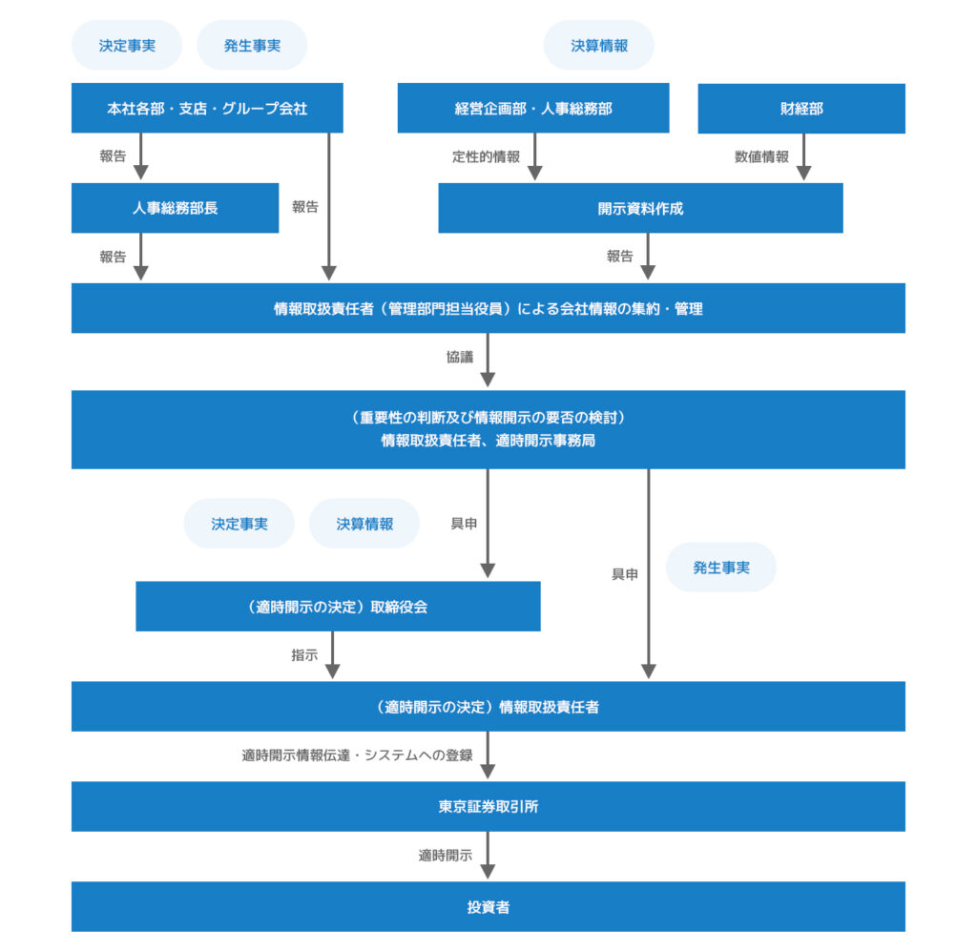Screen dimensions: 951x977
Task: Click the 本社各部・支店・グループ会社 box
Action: (207, 109)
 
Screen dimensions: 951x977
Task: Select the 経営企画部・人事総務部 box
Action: (533, 109)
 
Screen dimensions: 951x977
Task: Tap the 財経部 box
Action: (801, 109)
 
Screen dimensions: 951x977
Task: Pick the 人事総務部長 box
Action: (175, 208)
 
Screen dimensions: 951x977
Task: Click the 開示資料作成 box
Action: (640, 208)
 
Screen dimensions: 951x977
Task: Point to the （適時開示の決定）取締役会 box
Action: (338, 607)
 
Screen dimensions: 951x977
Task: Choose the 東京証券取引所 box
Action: (488, 807)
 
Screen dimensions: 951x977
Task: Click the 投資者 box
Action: (488, 907)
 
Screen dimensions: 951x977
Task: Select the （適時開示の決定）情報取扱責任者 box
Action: (488, 707)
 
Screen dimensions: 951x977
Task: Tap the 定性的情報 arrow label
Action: (486, 156)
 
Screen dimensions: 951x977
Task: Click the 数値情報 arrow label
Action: (761, 156)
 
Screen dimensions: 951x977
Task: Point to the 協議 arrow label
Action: (460, 357)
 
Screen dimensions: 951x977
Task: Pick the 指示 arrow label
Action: (304, 655)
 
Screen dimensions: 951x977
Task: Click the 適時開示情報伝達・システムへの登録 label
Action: (357, 755)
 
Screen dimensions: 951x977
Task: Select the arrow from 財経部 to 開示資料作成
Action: (803, 157)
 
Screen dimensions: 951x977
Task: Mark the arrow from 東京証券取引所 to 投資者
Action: (488, 856)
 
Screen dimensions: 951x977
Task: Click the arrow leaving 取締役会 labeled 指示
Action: (332, 655)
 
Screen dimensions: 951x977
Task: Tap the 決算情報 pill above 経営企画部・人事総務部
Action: (599, 45)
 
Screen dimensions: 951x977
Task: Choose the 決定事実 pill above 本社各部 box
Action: (127, 45)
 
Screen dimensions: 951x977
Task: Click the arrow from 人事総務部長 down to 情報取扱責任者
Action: (140, 257)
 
